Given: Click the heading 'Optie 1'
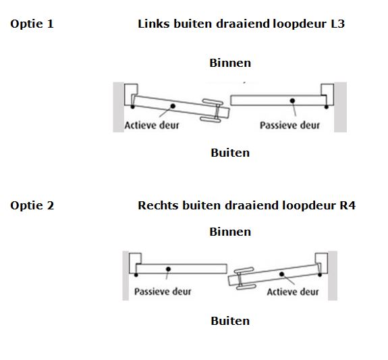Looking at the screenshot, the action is pyautogui.click(x=32, y=24).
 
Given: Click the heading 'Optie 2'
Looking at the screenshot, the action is pyautogui.click(x=32, y=205).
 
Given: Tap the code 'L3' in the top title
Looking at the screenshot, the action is pyautogui.click(x=337, y=24).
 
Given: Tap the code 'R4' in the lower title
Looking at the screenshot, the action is pyautogui.click(x=347, y=205).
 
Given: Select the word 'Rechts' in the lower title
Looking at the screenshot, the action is pyautogui.click(x=158, y=205).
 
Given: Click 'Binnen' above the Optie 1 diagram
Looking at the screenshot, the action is pyautogui.click(x=230, y=63).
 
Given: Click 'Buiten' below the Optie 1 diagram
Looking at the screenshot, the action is pyautogui.click(x=230, y=153).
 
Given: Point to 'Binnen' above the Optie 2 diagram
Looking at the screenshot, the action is pyautogui.click(x=230, y=232).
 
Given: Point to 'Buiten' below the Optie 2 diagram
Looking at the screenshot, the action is pyautogui.click(x=230, y=321).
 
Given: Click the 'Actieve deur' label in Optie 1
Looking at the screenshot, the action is pyautogui.click(x=152, y=125).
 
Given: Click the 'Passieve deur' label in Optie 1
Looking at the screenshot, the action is pyautogui.click(x=289, y=125).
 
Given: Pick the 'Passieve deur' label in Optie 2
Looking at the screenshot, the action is pyautogui.click(x=163, y=291).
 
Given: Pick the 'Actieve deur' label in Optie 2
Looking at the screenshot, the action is pyautogui.click(x=293, y=292).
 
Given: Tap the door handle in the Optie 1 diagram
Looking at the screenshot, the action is pyautogui.click(x=213, y=111).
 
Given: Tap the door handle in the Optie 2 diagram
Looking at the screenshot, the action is pyautogui.click(x=244, y=278).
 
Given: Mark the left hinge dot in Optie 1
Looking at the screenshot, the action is pyautogui.click(x=133, y=107).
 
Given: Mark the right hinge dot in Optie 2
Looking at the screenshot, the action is pyautogui.click(x=320, y=275).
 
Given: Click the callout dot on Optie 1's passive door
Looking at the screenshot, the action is pyautogui.click(x=292, y=101).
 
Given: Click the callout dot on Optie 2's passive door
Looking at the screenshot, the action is pyautogui.click(x=168, y=269).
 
